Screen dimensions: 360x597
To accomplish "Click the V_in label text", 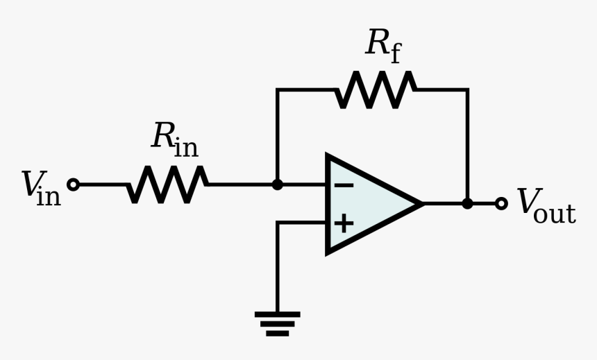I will click(40, 188).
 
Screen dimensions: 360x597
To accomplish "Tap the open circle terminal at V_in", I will click(73, 185).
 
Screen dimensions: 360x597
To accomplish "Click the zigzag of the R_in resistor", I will click(167, 185).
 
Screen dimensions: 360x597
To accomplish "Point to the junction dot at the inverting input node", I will click(277, 185).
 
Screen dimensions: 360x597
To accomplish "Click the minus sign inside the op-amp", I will click(344, 185).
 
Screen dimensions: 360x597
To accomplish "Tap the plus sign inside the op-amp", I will click(344, 223).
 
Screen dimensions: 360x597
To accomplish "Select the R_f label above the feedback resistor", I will click(383, 45).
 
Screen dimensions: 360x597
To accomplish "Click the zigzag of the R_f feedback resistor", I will click(376, 89).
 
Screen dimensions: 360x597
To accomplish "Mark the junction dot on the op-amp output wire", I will click(467, 203).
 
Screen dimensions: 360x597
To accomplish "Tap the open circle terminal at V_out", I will click(501, 203).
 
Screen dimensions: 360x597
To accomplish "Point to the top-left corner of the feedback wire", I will click(278, 90).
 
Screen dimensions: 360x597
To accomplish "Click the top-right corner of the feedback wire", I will click(467, 90).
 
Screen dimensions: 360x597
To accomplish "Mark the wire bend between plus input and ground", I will click(278, 223).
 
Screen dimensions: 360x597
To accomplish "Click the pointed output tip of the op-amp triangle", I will click(421, 203).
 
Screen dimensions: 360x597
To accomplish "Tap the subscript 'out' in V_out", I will click(555, 214).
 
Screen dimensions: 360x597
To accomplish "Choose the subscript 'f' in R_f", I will click(395, 53).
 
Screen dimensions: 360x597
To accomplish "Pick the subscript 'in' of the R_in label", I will click(186, 147).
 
